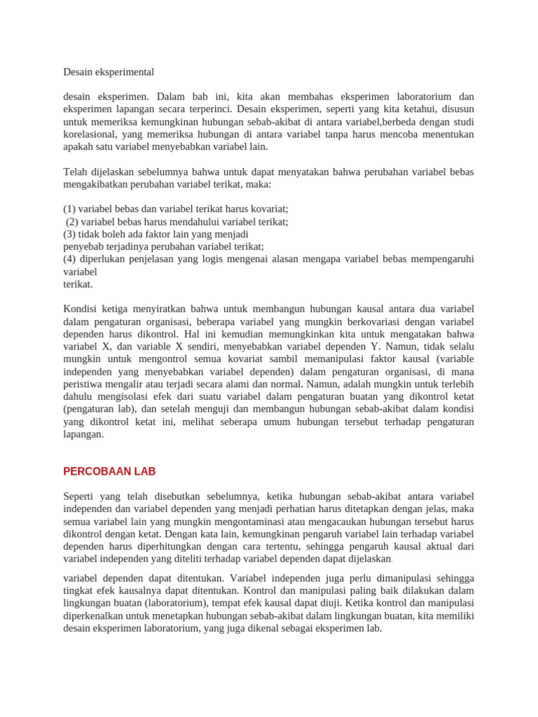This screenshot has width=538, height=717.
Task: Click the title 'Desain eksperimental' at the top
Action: pyautogui.click(x=109, y=72)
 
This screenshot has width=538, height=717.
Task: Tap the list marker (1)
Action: pyautogui.click(x=69, y=209)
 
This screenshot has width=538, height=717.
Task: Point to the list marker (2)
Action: pyautogui.click(x=73, y=222)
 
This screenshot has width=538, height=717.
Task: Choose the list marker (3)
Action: pyautogui.click(x=69, y=235)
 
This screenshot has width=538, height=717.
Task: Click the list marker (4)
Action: pyautogui.click(x=69, y=259)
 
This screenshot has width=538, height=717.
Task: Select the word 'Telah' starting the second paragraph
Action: pyautogui.click(x=76, y=172)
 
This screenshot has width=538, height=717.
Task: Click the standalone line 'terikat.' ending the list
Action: pyautogui.click(x=78, y=284)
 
